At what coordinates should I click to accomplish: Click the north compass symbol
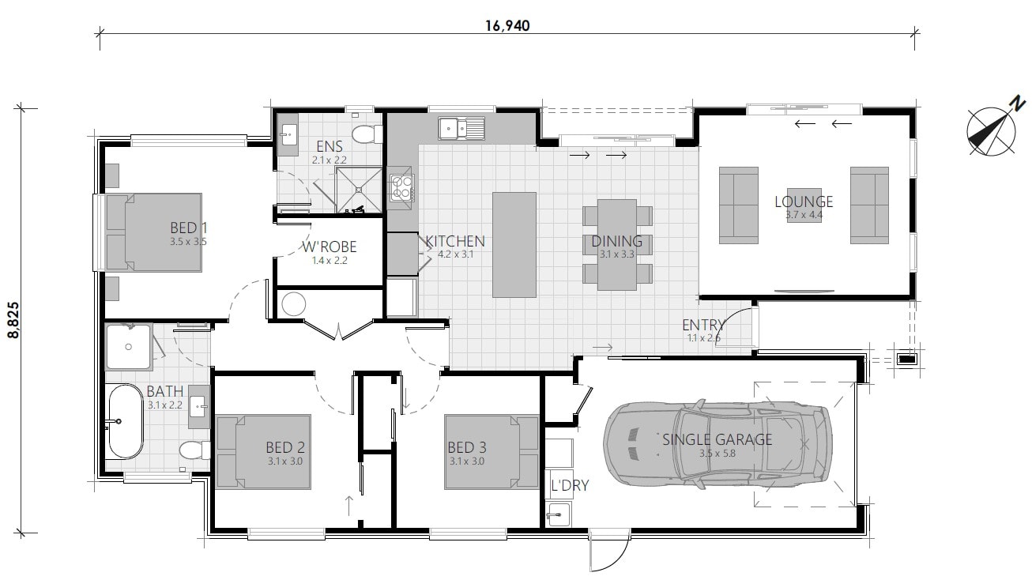[x=991, y=128]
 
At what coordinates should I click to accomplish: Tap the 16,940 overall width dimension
[x=507, y=24]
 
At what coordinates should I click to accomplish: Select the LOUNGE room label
[x=803, y=201]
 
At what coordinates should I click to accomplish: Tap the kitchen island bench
[x=514, y=244]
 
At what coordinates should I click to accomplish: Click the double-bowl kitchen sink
[x=462, y=126]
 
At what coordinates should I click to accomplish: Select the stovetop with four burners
[x=401, y=187]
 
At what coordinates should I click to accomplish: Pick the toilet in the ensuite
[x=364, y=134]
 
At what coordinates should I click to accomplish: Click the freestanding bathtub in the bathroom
[x=125, y=420]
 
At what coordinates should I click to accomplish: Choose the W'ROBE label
[x=330, y=247]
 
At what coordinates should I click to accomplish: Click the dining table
[x=617, y=244]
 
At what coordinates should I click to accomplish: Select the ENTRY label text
[x=702, y=326]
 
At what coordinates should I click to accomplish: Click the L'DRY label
[x=570, y=485]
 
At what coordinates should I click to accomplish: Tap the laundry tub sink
[x=560, y=514]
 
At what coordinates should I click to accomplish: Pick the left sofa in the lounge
[x=738, y=205]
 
